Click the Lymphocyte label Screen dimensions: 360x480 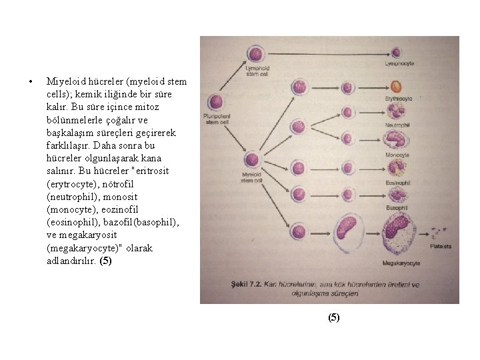399,63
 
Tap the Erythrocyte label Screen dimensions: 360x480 399,99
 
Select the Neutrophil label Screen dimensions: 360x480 398,126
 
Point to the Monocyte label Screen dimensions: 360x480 397,155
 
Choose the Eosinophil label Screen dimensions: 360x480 397,183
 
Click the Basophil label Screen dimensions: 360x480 397,209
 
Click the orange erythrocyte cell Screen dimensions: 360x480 396,87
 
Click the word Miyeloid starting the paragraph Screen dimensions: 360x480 63,82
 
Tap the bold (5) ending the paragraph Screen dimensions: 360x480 105,261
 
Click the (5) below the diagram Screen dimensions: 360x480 333,318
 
